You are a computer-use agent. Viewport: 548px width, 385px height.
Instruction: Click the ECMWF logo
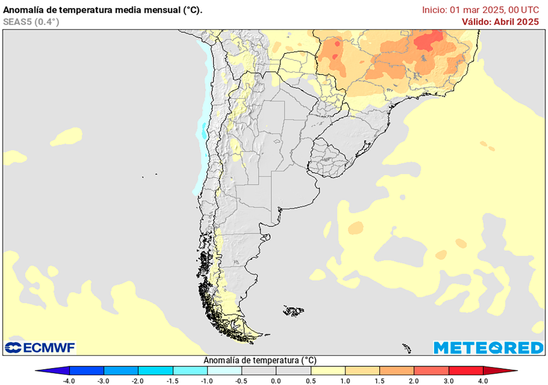[40, 348]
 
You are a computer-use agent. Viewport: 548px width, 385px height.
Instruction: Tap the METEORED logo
[488, 348]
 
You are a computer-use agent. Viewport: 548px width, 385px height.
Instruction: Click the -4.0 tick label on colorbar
[69, 381]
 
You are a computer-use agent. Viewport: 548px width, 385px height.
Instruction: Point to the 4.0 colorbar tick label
[483, 381]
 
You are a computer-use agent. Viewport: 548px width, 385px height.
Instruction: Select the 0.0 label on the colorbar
[276, 381]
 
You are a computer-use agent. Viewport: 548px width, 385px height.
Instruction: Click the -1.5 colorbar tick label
[172, 381]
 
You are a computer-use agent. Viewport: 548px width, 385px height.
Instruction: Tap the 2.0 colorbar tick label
[414, 381]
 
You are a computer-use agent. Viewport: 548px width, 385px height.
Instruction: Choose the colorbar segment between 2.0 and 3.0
[431, 371]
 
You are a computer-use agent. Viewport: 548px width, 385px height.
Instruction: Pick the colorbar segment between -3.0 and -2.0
[121, 371]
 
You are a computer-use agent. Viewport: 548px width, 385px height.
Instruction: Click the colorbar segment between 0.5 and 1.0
[328, 371]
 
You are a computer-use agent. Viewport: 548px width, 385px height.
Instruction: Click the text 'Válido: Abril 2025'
[500, 22]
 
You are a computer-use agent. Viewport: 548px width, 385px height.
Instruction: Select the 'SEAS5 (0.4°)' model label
[31, 22]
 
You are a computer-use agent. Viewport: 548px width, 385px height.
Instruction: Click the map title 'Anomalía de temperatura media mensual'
[103, 10]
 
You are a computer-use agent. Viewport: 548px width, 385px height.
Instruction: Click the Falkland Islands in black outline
[294, 311]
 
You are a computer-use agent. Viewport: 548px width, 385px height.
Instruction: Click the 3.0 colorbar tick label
[448, 381]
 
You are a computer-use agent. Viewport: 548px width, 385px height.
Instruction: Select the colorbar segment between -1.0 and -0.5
[224, 371]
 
